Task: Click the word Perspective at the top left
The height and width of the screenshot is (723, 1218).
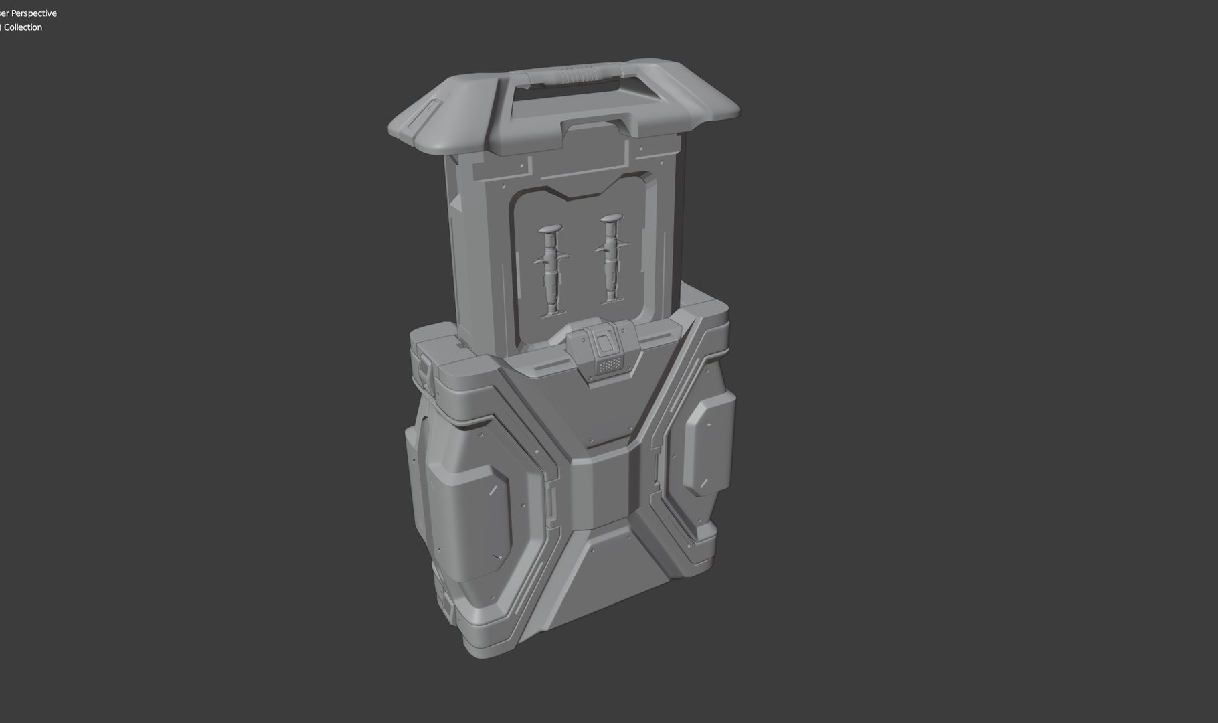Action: [34, 13]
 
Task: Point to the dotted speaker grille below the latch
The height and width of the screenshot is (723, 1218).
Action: [609, 366]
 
